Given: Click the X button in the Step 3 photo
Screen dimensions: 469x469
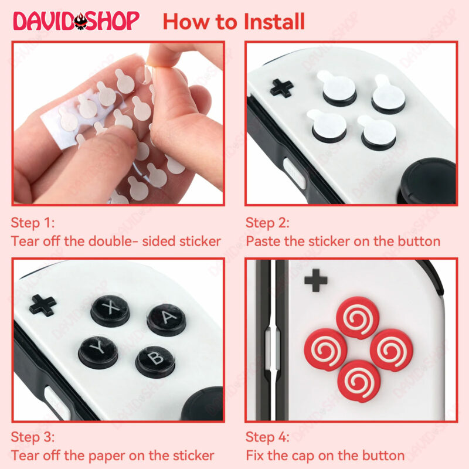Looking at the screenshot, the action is coord(110,311).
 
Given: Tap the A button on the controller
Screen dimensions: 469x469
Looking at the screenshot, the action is coord(166,320).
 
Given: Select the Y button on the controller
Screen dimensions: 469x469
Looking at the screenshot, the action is coord(98,352).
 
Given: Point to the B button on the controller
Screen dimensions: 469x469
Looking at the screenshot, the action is coord(155,361).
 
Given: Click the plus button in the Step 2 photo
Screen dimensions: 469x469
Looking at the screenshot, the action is coord(281,88).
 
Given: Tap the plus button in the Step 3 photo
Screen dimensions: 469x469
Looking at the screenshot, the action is coord(43,305).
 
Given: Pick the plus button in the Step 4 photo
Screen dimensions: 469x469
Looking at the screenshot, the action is coord(316,280).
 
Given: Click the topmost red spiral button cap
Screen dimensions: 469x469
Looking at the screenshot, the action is coord(358,318).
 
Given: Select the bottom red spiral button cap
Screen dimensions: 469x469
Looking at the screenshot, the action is coord(359,381).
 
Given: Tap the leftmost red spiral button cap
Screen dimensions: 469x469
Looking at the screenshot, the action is coord(326,349).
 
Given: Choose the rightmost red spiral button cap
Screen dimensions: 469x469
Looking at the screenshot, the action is coord(392,350).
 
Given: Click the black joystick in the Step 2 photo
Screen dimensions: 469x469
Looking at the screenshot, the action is coord(428,181).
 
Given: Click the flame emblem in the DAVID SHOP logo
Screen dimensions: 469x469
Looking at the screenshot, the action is coord(81,21).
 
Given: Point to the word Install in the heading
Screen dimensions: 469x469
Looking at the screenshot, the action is coord(274,22).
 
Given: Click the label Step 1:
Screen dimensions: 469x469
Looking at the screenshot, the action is coord(33,223).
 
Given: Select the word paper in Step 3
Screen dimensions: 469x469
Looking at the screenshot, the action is coord(107,456).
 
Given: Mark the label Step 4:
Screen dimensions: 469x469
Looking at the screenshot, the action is coord(267,437).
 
